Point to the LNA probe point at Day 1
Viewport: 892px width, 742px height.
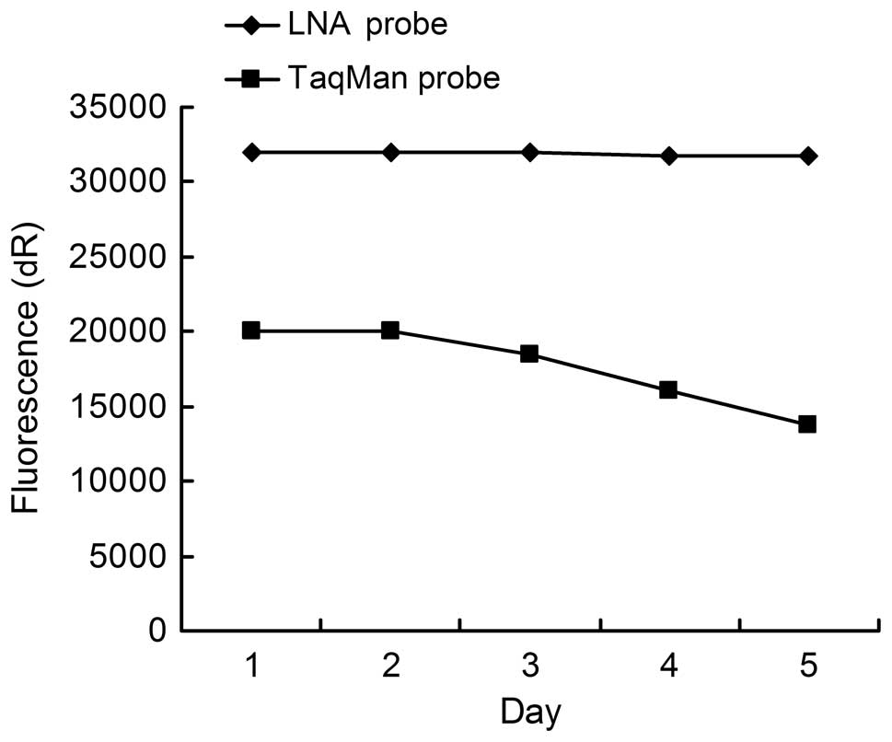pos(251,152)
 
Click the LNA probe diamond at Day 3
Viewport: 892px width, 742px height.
pos(529,152)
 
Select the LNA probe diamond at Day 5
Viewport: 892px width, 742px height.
pos(807,157)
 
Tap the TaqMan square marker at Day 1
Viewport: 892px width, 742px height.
pos(251,330)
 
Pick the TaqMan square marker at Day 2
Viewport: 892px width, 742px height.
pos(390,330)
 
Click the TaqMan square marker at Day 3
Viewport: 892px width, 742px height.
pos(529,354)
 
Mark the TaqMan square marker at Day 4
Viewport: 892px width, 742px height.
pos(668,390)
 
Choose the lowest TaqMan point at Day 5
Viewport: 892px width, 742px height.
pos(807,424)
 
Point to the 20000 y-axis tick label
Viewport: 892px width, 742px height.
pos(116,331)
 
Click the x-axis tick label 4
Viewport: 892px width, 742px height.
pos(668,667)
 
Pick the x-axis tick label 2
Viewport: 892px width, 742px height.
pos(390,667)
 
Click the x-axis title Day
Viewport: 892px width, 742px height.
pos(529,713)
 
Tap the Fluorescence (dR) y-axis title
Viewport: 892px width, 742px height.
pos(27,369)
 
